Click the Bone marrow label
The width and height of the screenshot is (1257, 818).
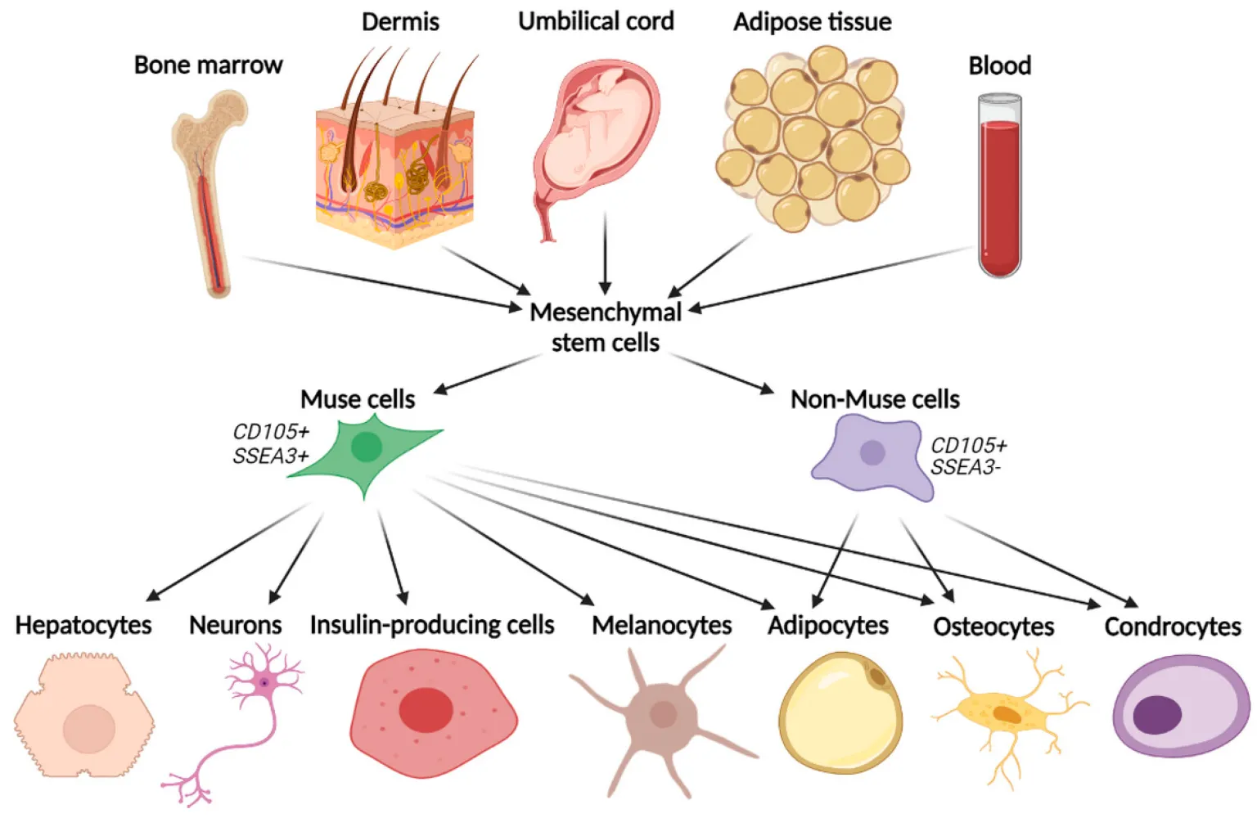tap(208, 65)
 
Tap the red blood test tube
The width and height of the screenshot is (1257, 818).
tap(999, 188)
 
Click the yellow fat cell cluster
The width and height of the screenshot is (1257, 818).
tap(812, 139)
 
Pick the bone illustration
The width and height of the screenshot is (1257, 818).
tap(209, 188)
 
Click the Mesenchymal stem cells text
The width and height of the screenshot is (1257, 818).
tap(606, 327)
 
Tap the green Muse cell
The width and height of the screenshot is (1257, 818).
tap(366, 450)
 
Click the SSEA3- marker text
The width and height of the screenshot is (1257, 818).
tap(966, 468)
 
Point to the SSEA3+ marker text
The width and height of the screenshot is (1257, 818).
tap(270, 456)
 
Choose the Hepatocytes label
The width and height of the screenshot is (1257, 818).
tap(83, 626)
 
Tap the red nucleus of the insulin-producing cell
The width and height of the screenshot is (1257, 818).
tap(426, 709)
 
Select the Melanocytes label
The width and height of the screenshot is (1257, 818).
tap(661, 626)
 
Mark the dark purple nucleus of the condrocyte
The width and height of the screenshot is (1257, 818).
tap(1156, 714)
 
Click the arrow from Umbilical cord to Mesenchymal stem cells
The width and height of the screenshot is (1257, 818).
tap(605, 254)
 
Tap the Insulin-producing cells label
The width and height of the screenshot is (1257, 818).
tap(432, 626)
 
